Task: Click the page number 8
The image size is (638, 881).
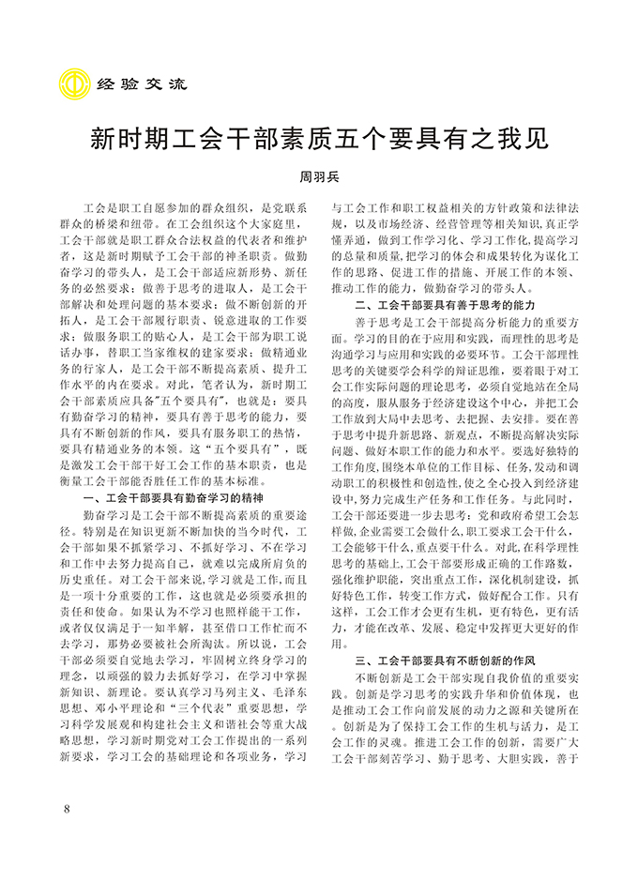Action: point(65,809)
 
